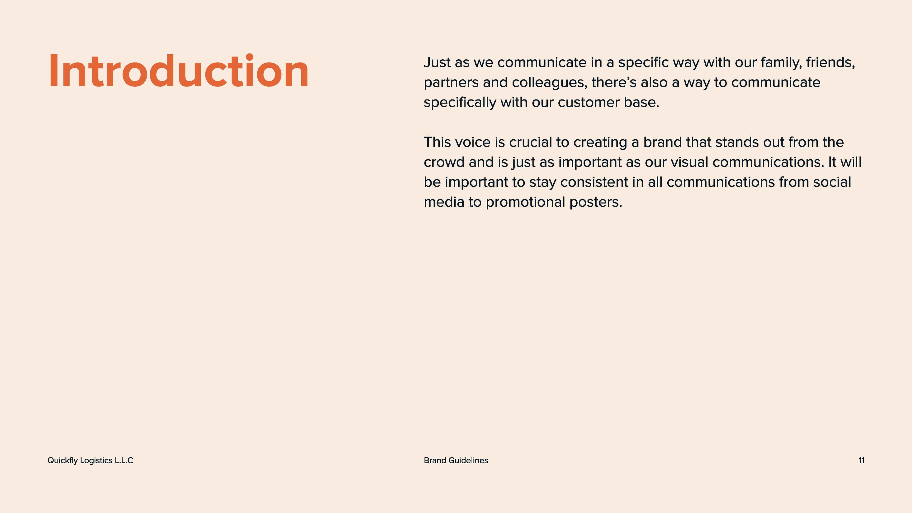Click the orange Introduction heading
179,71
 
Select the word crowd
444,162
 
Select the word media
444,202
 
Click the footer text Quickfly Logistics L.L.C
90,461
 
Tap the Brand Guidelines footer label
456,461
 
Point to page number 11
861,461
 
